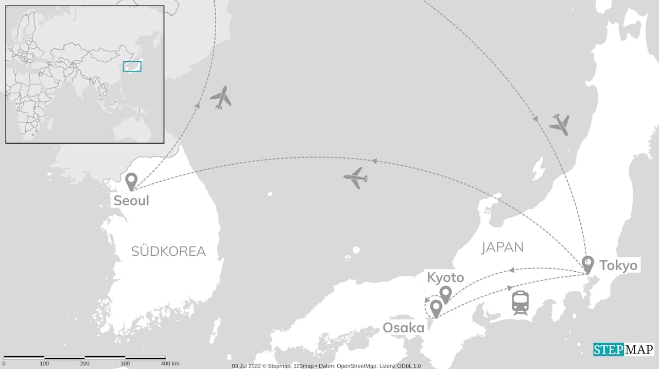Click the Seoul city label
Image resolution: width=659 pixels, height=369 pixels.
(131, 200)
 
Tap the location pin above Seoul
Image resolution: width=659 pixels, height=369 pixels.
(131, 181)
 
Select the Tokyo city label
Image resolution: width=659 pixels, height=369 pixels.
(618, 266)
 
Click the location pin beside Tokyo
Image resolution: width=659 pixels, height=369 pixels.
(587, 264)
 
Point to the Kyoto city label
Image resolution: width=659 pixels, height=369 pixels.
(445, 278)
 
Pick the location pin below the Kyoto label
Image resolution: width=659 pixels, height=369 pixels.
(445, 294)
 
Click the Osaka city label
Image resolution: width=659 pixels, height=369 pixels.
(403, 328)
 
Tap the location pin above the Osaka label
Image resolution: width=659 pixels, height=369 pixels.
(436, 308)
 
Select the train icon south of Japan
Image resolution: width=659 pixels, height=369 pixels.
(520, 303)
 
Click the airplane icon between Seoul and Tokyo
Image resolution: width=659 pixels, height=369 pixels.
(356, 178)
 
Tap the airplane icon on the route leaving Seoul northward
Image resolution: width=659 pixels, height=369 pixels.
(221, 97)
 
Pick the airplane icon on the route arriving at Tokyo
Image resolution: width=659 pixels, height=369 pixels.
(559, 125)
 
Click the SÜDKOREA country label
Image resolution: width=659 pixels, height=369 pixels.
(168, 251)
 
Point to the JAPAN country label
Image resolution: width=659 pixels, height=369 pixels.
(502, 248)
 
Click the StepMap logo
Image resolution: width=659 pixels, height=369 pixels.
(623, 349)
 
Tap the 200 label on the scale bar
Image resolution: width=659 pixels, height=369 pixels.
(85, 364)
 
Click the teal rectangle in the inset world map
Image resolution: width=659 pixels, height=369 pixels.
(132, 66)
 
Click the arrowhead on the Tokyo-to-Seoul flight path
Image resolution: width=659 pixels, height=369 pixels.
(374, 161)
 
